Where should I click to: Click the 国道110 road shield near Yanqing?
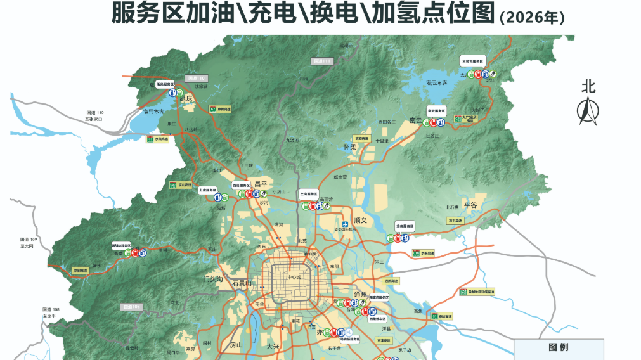click(198, 77)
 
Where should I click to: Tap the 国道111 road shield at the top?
click(321, 61)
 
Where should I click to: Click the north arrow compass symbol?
click(587, 111)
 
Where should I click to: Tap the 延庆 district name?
click(186, 99)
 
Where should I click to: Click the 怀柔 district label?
click(350, 147)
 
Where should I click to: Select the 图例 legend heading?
click(558, 347)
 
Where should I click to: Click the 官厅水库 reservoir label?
click(153, 112)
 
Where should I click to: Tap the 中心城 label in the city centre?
click(294, 276)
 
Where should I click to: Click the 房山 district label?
click(236, 345)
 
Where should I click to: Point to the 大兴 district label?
click(273, 346)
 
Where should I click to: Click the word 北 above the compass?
click(589, 87)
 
